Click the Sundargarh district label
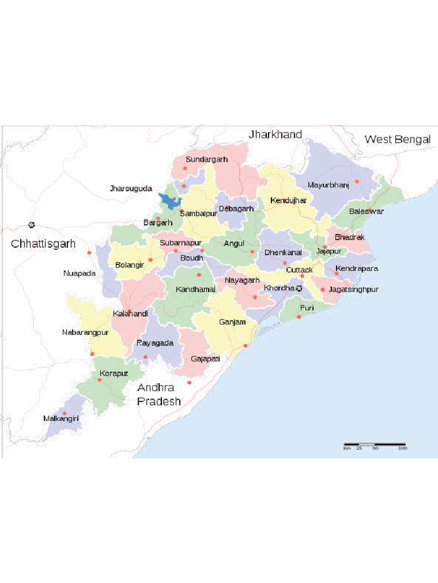[206, 159]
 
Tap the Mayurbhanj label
[328, 185]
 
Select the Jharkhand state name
[275, 134]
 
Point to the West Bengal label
[397, 139]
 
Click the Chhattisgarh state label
[43, 244]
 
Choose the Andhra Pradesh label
[159, 394]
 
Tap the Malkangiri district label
[61, 418]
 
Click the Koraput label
[113, 373]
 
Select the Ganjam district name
[232, 322]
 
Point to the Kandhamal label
[196, 289]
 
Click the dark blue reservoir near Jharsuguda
[169, 201]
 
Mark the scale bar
[374, 444]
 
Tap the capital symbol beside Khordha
[299, 288]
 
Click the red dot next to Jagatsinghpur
[323, 290]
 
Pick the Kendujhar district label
[289, 200]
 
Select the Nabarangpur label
[85, 332]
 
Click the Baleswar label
[366, 211]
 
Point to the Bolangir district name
[129, 265]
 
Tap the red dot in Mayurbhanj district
[357, 182]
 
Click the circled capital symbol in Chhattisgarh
[31, 225]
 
